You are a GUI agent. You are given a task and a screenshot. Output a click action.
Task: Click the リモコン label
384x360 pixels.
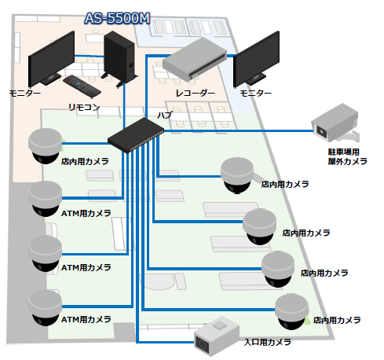tap(83, 105)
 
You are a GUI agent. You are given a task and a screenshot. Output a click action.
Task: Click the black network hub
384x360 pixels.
tap(135, 134)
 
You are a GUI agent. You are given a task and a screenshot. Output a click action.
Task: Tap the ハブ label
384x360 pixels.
tap(165, 115)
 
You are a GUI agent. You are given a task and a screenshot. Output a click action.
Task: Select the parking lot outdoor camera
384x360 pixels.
tap(337, 122)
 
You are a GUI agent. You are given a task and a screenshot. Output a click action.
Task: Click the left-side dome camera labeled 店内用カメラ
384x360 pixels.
tap(46, 145)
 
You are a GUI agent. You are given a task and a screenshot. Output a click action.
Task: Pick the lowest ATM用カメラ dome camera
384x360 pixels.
tap(46, 307)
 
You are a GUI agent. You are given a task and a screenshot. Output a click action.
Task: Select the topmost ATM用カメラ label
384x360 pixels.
tap(86, 212)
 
